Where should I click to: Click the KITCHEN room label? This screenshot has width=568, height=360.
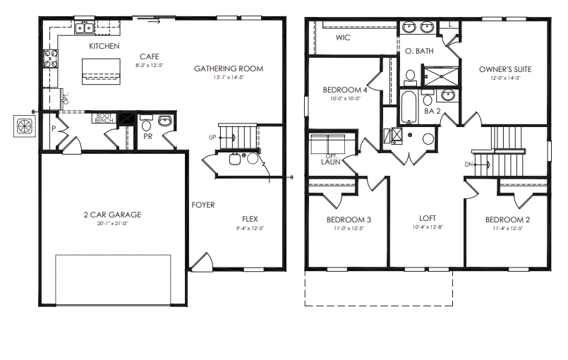pos(104,46)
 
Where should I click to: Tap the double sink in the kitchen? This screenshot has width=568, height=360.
pos(85,29)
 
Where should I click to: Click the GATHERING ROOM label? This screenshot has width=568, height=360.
pos(228,68)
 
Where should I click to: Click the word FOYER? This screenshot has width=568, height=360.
pos(203,205)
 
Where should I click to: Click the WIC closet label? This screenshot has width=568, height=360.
pos(343,37)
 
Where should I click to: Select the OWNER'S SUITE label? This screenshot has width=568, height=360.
pos(504,69)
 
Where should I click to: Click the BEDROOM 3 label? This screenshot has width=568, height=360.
pos(349,220)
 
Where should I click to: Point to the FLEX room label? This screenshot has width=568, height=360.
pos(250,219)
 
